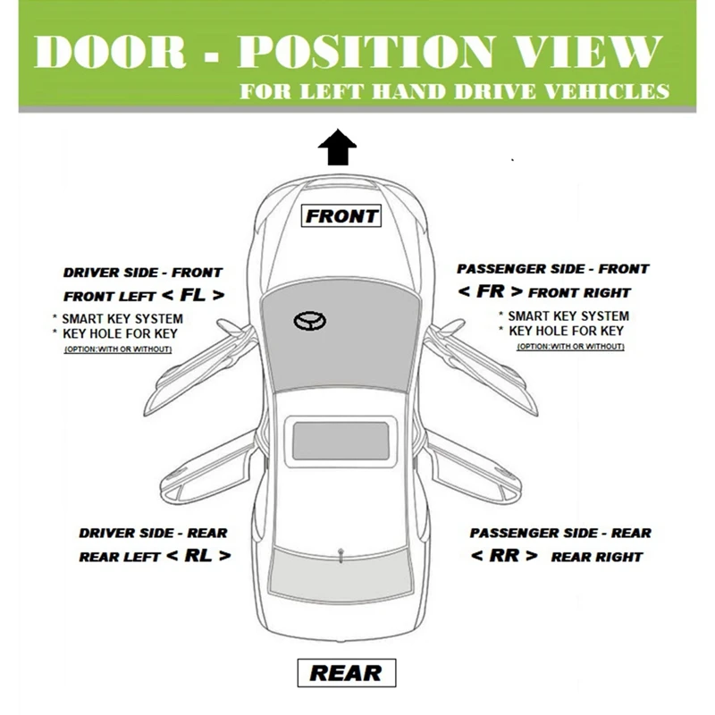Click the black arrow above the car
pos(337,148)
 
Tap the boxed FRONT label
pos(342,215)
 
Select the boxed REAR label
pos(344,673)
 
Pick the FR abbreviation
pos(491,290)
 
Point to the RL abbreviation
pos(198,555)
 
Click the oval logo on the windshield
pos(307,322)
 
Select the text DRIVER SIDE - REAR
pos(153,533)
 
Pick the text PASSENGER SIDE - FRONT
pos(553,268)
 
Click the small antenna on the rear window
pos(341,555)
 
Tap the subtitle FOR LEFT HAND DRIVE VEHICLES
pos(453,92)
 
